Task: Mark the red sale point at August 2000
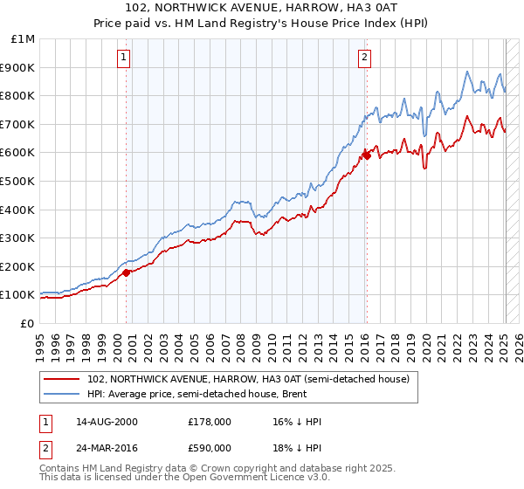(x=126, y=272)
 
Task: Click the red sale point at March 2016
(x=367, y=155)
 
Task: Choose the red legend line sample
(x=63, y=378)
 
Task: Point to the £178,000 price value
(x=210, y=422)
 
